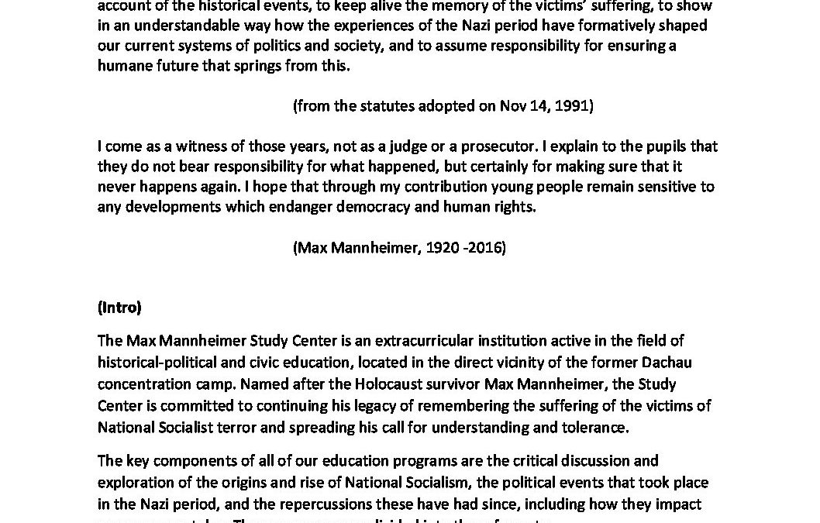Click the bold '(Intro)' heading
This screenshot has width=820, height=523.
coord(119,308)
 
